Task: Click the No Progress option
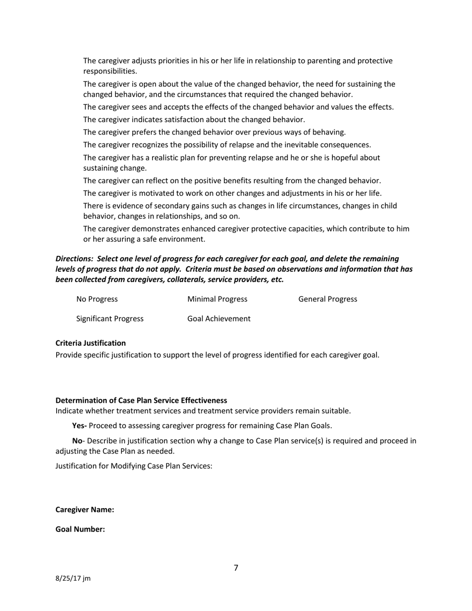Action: [97, 299]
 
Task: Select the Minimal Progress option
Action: [217, 299]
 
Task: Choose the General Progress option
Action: [327, 299]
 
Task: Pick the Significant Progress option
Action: [110, 319]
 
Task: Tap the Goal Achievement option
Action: [219, 319]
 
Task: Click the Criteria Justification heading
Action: [90, 343]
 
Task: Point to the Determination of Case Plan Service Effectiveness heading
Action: [141, 400]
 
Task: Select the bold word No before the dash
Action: [77, 441]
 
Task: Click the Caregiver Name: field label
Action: [84, 510]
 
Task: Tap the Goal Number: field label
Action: [80, 530]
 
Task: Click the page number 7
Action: [236, 568]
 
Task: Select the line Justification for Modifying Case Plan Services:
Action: [134, 466]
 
